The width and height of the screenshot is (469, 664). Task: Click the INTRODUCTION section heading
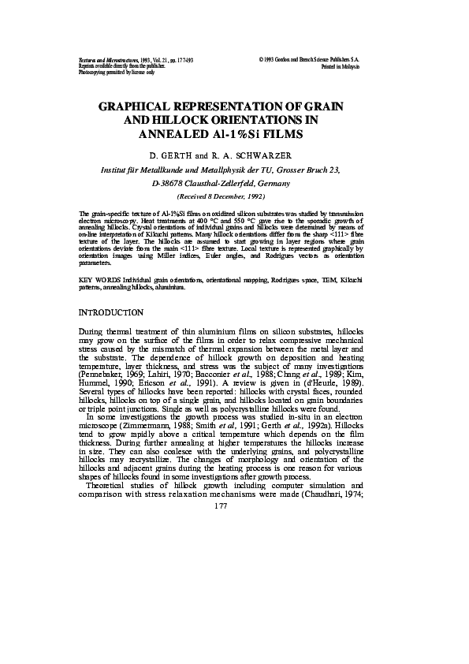[111, 313]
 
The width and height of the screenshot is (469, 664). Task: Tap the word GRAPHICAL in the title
[140, 106]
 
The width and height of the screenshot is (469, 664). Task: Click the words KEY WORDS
[99, 280]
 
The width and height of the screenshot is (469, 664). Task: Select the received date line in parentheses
[220, 195]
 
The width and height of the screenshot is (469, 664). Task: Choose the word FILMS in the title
[281, 134]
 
